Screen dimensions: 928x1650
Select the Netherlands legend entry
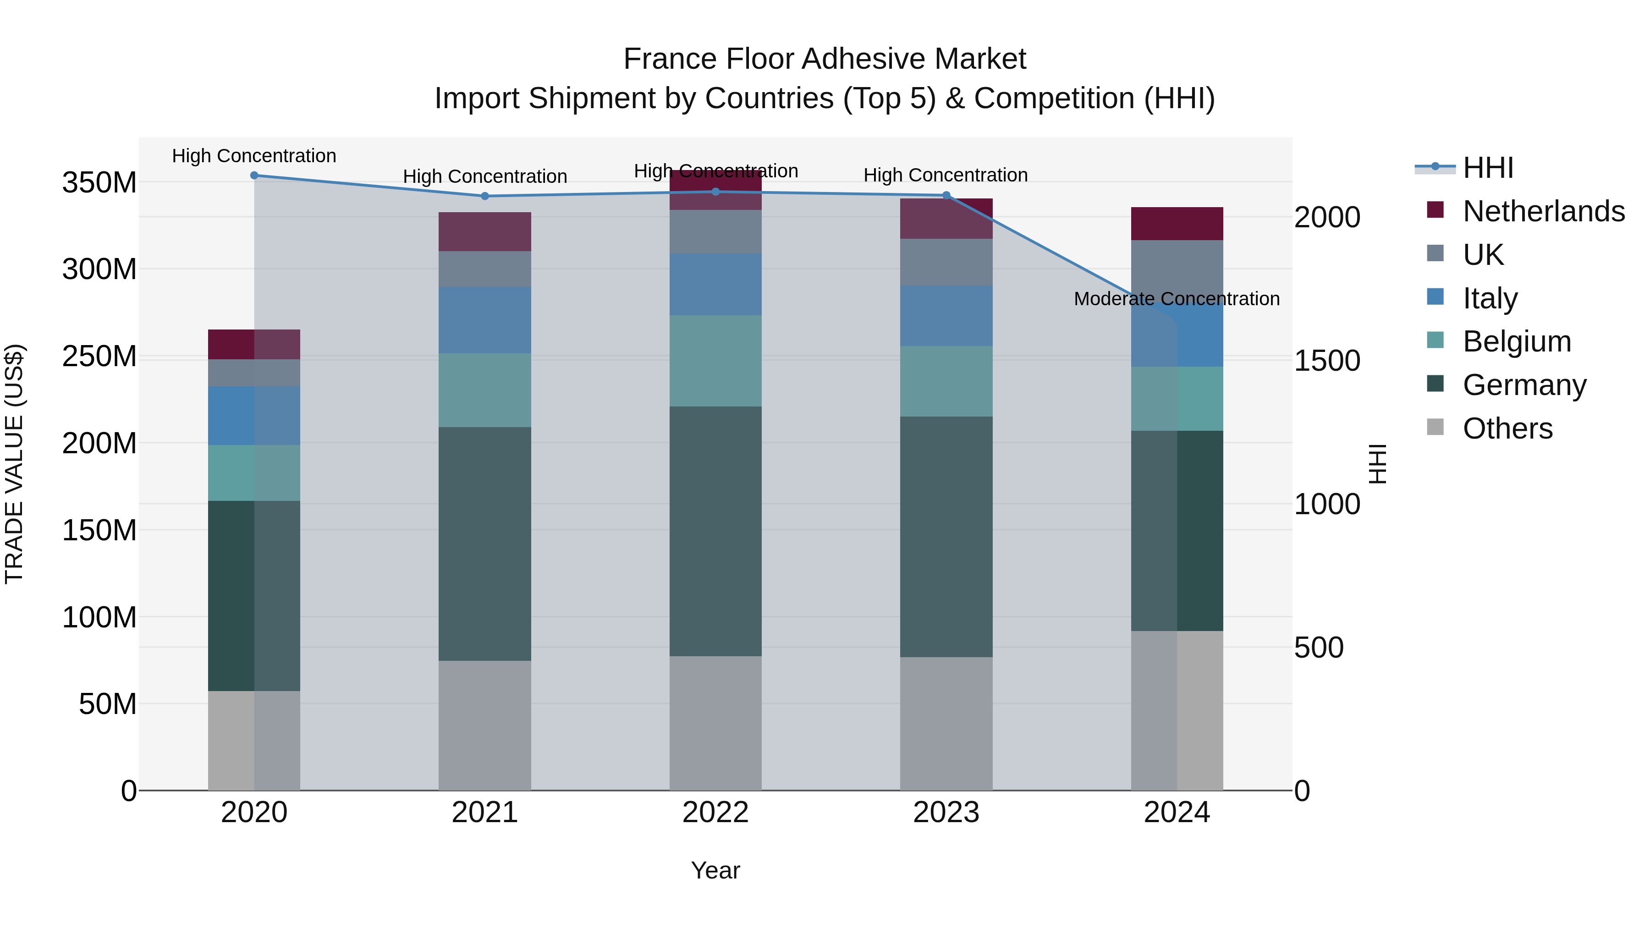pyautogui.click(x=1524, y=211)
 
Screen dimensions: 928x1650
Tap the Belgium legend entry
pyautogui.click(x=1499, y=341)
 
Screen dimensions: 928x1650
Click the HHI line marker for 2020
pyautogui.click(x=254, y=176)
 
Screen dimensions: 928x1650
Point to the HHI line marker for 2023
pyautogui.click(x=946, y=195)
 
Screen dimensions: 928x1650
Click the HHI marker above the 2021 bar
pyautogui.click(x=485, y=196)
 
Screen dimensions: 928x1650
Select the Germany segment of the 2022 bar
pyautogui.click(x=715, y=531)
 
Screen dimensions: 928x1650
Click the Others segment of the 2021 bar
pyautogui.click(x=485, y=725)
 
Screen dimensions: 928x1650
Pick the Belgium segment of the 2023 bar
pyautogui.click(x=946, y=381)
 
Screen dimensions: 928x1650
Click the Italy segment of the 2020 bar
pyautogui.click(x=254, y=416)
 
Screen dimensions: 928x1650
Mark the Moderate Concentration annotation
pyautogui.click(x=1177, y=299)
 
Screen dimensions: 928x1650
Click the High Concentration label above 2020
pyautogui.click(x=254, y=156)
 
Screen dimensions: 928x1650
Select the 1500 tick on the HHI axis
pyautogui.click(x=1326, y=361)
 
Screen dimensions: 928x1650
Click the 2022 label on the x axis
pyautogui.click(x=715, y=813)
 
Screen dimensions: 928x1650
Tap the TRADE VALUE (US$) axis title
pyautogui.click(x=14, y=464)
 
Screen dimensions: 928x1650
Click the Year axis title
pyautogui.click(x=715, y=870)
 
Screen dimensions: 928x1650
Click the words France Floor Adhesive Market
pyautogui.click(x=825, y=59)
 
